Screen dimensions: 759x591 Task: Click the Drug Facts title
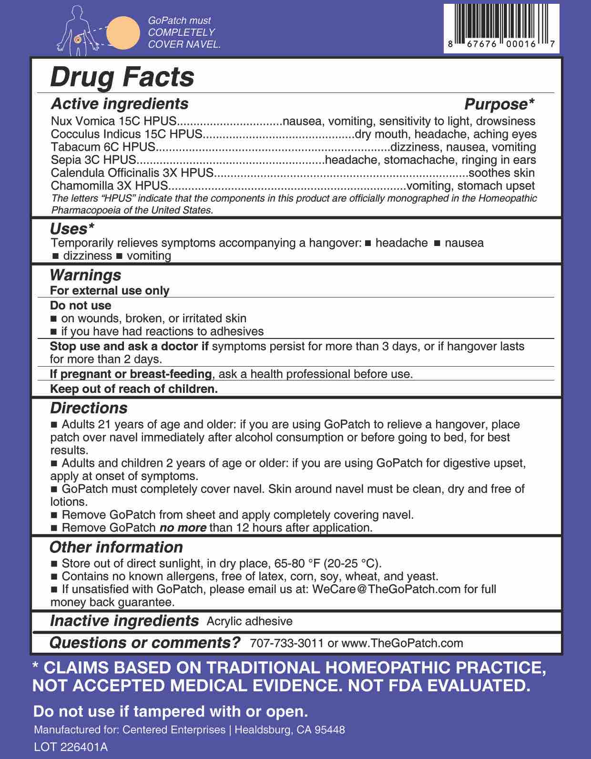[x=122, y=77]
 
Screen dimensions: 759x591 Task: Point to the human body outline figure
[x=77, y=30]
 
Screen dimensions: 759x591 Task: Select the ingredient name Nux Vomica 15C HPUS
[x=113, y=121]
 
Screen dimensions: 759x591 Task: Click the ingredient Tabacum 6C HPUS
[x=103, y=147]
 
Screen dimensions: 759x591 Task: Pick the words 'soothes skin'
[x=501, y=173]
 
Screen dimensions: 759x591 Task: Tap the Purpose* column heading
[x=499, y=104]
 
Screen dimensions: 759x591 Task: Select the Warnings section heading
[x=85, y=275]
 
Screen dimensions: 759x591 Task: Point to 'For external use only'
[x=110, y=290]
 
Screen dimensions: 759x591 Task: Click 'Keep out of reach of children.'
[x=134, y=389]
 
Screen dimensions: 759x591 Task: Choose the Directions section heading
[x=89, y=408]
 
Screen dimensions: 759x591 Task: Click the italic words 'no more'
[x=183, y=528]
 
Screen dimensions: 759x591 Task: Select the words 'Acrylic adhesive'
[x=249, y=621]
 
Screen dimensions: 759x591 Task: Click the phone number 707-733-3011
[x=286, y=643]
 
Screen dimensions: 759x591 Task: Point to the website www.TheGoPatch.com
[x=402, y=643]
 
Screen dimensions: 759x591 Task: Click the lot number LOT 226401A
[x=71, y=747]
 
